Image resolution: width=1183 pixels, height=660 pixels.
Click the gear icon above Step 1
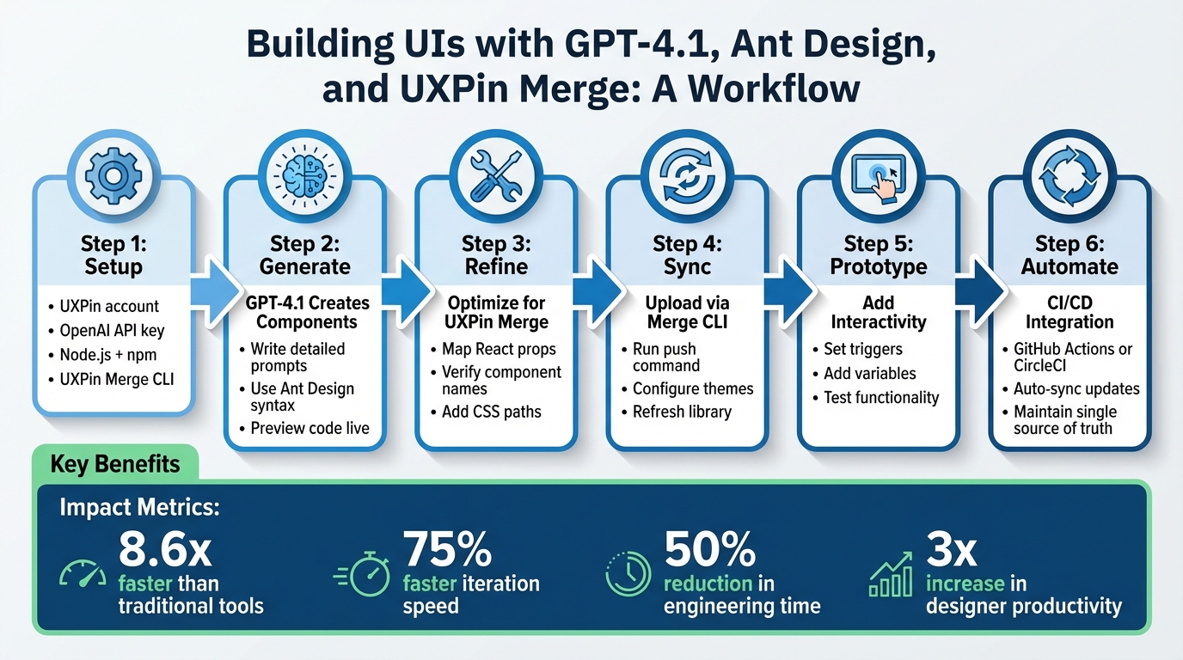tap(113, 175)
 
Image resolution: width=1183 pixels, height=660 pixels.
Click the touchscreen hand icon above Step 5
tap(879, 175)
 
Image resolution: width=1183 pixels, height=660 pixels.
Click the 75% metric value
tap(447, 550)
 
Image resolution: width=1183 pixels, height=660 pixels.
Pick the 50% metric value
tap(708, 550)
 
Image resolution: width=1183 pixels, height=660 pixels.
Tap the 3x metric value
tap(952, 550)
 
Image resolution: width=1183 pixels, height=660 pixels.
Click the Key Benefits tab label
tap(115, 465)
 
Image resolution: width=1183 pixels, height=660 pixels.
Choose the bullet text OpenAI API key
tap(112, 330)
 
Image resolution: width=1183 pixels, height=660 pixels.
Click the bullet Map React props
tap(499, 349)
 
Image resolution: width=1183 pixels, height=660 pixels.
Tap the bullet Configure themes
tap(693, 388)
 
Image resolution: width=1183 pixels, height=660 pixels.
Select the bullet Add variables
tap(870, 373)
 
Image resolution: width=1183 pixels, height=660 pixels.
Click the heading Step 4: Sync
tap(687, 255)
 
